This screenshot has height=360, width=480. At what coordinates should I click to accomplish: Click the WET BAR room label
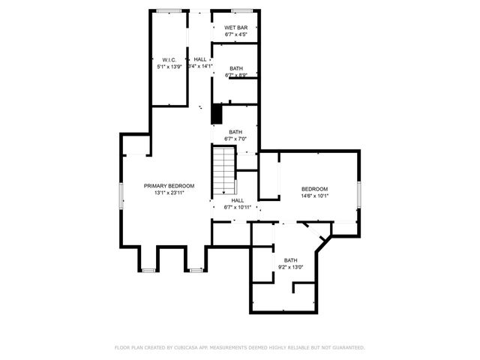[236, 28]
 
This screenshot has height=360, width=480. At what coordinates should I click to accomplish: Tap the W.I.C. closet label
[169, 60]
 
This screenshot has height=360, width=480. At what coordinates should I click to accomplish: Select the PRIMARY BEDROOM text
[169, 186]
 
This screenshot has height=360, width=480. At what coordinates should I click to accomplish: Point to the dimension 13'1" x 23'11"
[169, 193]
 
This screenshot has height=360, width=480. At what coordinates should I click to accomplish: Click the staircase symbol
[223, 169]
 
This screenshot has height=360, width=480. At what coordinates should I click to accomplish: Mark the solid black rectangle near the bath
[217, 113]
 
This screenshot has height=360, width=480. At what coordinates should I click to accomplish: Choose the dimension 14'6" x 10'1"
[315, 196]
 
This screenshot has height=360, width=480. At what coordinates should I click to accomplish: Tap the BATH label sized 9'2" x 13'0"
[290, 260]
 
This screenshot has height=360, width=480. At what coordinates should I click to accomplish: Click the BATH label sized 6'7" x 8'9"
[236, 68]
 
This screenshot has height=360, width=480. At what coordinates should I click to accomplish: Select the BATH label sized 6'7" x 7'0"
[236, 132]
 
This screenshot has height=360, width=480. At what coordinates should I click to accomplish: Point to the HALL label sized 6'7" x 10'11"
[238, 200]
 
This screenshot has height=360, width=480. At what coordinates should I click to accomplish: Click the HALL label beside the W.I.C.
[200, 59]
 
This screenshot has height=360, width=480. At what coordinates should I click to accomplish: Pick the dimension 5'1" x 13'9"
[169, 67]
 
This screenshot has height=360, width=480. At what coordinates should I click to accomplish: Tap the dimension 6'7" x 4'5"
[236, 34]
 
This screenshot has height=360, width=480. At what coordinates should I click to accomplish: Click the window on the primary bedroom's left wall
[121, 196]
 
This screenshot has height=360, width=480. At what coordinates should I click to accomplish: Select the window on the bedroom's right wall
[359, 195]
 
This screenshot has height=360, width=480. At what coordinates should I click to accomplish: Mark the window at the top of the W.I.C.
[169, 10]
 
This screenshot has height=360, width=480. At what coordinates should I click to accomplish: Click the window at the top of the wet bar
[241, 10]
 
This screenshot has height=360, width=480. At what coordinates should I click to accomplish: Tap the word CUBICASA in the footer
[184, 348]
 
